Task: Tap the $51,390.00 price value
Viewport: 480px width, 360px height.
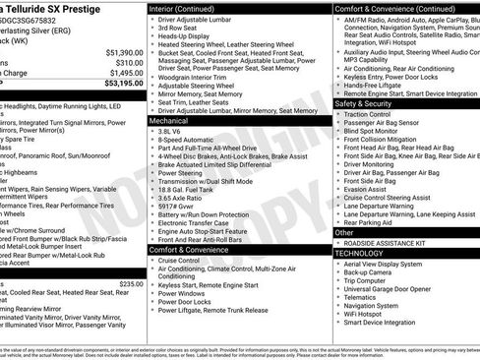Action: (x=122, y=52)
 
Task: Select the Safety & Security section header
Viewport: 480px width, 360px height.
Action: (x=363, y=103)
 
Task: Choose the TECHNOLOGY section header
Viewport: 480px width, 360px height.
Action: (x=359, y=253)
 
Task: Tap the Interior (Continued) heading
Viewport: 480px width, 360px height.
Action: (x=190, y=8)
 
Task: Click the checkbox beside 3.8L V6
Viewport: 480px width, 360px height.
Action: (x=152, y=131)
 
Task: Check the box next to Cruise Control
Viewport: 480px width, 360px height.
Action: (x=152, y=261)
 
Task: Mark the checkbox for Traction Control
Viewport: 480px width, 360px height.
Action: (x=339, y=114)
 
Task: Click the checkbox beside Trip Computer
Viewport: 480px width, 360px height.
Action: (x=339, y=280)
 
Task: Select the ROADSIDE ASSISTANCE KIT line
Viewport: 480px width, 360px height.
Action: (x=389, y=241)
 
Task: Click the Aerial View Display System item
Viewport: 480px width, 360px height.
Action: (x=395, y=264)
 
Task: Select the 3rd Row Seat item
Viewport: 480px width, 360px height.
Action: (x=180, y=29)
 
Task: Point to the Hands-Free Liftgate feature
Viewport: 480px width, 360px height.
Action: (x=379, y=86)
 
